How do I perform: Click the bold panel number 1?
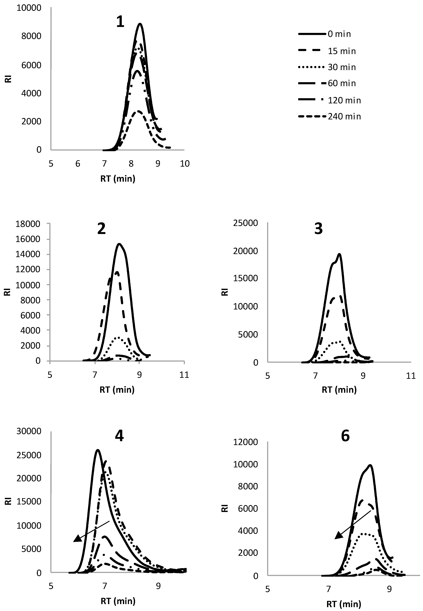tap(120, 22)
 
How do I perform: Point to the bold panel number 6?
tap(345, 436)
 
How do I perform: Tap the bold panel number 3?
tap(318, 229)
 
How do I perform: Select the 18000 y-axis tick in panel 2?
tap(28, 224)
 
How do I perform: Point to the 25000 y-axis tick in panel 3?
tap(245, 223)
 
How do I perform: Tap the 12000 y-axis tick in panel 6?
tap(245, 442)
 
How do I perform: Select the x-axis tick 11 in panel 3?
tap(411, 376)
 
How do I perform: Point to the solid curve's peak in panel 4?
tap(98, 450)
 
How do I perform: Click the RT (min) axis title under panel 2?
tap(117, 390)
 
